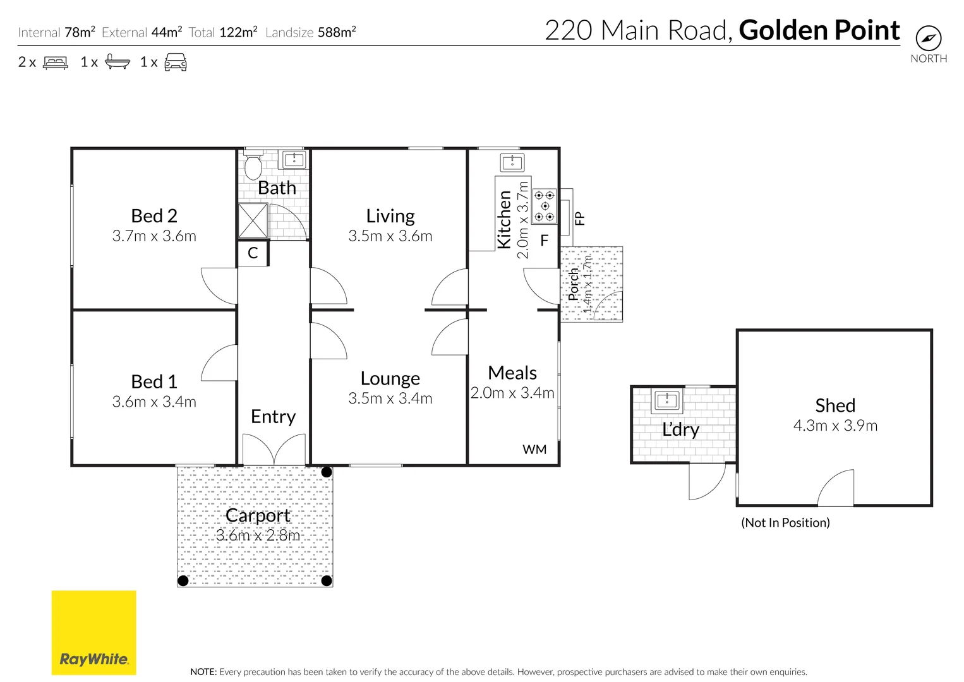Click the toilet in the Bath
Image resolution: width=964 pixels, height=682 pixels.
point(253,165)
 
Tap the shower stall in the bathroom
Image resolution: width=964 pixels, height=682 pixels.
point(253,220)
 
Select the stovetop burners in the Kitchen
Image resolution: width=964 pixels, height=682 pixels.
point(545,206)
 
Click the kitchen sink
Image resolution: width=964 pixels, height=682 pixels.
point(512,163)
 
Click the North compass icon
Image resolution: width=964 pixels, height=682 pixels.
point(928,39)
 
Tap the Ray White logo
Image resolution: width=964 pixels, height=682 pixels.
point(94,633)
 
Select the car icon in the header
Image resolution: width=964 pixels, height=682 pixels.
point(176,63)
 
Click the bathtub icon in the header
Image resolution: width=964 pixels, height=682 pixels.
point(117,62)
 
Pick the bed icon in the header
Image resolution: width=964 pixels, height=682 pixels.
point(56,63)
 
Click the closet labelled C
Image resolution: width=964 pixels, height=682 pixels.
point(253,253)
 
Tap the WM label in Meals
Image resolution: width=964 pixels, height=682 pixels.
point(534,450)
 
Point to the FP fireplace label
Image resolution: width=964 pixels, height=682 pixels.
point(580,218)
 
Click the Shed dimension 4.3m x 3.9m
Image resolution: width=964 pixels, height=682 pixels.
point(835,426)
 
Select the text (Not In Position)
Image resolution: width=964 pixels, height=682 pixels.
point(785,522)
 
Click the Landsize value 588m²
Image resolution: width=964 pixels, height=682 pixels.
point(337,32)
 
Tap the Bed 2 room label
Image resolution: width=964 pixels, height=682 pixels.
point(154,215)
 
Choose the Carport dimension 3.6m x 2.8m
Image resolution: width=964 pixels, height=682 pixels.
point(258,535)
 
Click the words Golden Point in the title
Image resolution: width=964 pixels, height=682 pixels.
point(819,30)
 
